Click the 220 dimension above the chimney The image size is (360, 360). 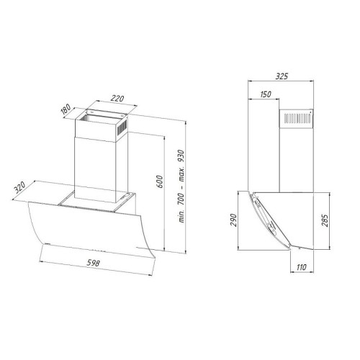[117, 99]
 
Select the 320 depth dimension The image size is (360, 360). [19, 187]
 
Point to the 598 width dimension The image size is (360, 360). [93, 263]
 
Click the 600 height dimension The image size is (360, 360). [160, 181]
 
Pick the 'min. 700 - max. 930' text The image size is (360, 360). [181, 186]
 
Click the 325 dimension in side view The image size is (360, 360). [282, 76]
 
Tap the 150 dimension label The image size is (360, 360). [265, 94]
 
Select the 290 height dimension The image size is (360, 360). [233, 220]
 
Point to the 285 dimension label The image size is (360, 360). [324, 220]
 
